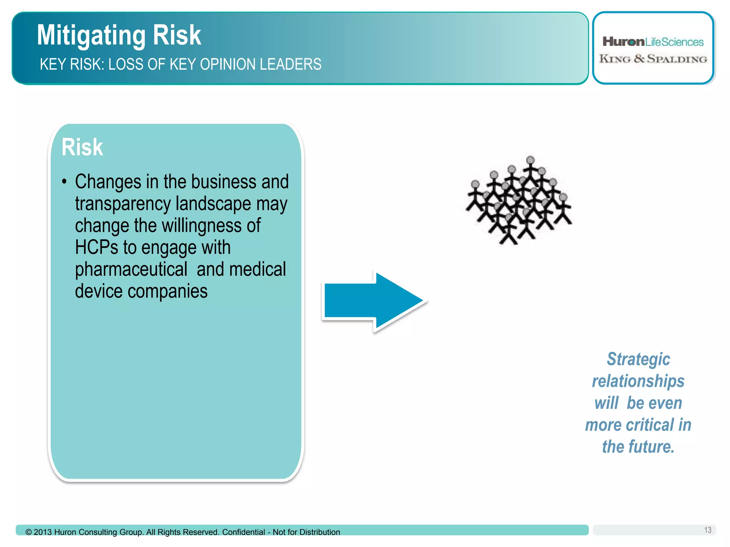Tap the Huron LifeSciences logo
pos(653,42)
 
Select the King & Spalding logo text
pos(653,59)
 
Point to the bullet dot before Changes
pos(64,182)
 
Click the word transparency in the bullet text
pos(123,204)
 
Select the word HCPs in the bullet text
pos(96,247)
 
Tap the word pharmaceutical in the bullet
pos(131,269)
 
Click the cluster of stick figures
pos(519,202)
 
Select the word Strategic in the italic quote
pos(638,359)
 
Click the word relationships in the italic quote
pos(638,381)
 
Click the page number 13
pos(708,530)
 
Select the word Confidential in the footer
pos(243,532)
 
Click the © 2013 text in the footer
pos(39,532)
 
